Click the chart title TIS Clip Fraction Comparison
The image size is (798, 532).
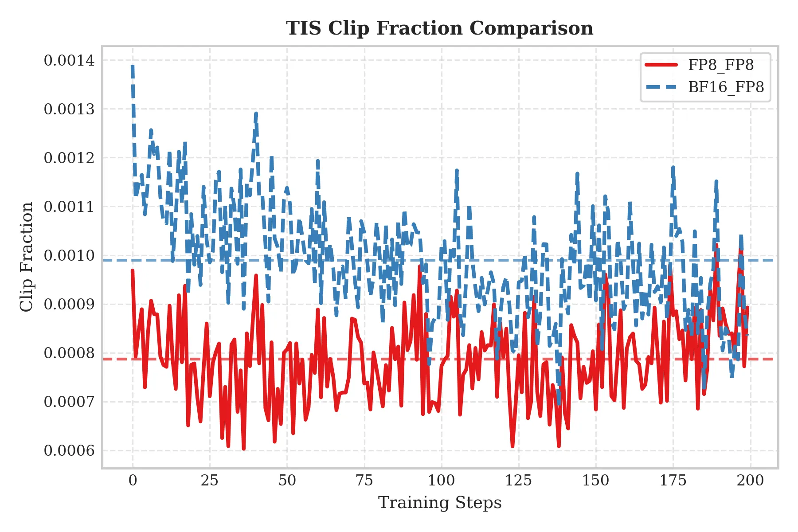tap(439, 28)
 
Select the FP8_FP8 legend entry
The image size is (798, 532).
tap(720, 65)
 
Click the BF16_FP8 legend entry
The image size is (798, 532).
tap(726, 87)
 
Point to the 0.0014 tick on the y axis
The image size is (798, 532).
tap(69, 60)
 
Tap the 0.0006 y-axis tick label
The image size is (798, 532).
tap(69, 451)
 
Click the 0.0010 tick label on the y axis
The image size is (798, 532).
tap(69, 256)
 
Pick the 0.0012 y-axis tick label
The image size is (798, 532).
tap(69, 158)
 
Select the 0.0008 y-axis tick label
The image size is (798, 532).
tap(69, 353)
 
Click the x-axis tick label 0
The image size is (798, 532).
tap(133, 481)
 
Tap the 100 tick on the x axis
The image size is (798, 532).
tap(442, 481)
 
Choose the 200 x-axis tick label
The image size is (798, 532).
tap(750, 481)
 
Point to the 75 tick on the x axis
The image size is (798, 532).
tap(364, 481)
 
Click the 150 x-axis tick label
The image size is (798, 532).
tap(596, 481)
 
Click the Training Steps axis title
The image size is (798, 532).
tap(439, 503)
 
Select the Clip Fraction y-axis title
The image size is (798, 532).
tap(27, 257)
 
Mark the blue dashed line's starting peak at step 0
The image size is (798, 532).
tap(133, 66)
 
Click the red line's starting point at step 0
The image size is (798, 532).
tap(133, 270)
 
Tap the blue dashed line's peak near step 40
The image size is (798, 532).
tap(256, 113)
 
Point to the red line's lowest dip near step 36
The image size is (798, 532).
tap(244, 449)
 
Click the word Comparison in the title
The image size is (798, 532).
tap(531, 28)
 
